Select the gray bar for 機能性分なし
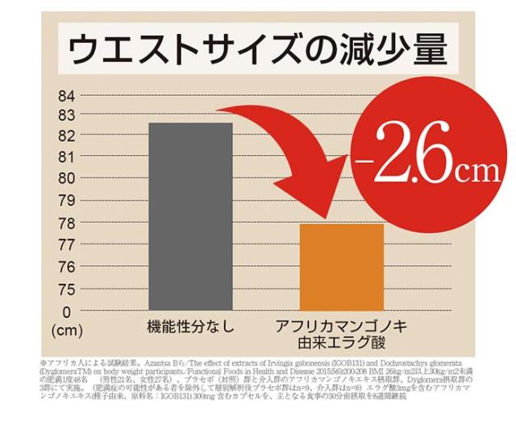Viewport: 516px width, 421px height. [x=191, y=215]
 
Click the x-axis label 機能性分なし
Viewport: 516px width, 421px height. [x=191, y=327]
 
